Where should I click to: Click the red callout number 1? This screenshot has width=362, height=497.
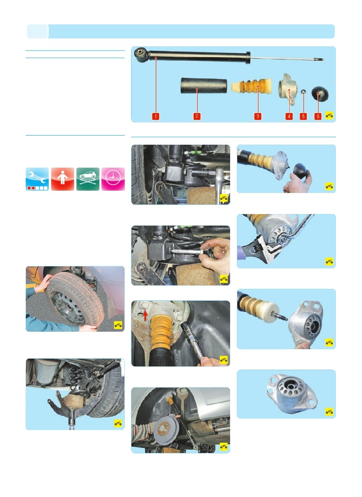tap(156, 116)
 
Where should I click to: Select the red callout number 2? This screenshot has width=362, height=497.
tap(197, 116)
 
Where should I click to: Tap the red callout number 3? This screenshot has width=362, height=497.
tap(257, 116)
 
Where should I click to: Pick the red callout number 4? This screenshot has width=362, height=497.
tap(289, 116)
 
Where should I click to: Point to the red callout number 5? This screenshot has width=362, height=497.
tap(303, 116)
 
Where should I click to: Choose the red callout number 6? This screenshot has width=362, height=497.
tap(318, 116)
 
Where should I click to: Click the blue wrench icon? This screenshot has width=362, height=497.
tap(37, 179)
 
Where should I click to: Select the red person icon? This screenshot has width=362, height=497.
tap(63, 179)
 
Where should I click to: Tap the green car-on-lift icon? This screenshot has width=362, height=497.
tap(88, 179)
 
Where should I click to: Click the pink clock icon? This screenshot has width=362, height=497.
tap(113, 179)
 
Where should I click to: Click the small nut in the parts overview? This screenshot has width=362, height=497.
tap(303, 91)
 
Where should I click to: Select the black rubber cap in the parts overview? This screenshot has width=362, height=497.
tap(320, 93)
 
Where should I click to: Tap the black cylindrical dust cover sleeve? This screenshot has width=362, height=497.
tap(204, 86)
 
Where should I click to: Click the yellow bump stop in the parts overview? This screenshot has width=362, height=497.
tap(251, 86)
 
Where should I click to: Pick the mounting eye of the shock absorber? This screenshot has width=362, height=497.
tap(141, 54)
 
